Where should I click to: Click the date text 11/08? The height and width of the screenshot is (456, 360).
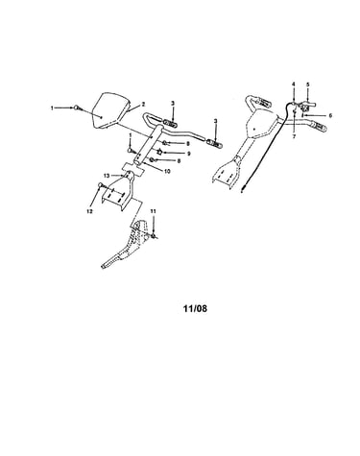pyautogui.click(x=195, y=308)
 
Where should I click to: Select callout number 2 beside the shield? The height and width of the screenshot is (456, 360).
pyautogui.click(x=143, y=104)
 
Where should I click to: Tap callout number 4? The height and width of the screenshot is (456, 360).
pyautogui.click(x=294, y=84)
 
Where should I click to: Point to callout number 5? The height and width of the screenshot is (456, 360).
pyautogui.click(x=308, y=84)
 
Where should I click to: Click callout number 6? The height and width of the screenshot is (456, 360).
pyautogui.click(x=330, y=115)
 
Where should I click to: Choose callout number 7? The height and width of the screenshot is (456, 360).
pyautogui.click(x=294, y=136)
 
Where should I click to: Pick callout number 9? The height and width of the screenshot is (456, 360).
pyautogui.click(x=189, y=154)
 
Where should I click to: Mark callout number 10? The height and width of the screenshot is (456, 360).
pyautogui.click(x=167, y=171)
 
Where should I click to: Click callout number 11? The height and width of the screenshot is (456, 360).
pyautogui.click(x=153, y=211)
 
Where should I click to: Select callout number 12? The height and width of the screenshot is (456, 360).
pyautogui.click(x=89, y=211)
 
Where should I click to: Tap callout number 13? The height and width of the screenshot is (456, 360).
pyautogui.click(x=107, y=176)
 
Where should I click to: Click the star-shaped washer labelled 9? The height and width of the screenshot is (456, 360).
pyautogui.click(x=159, y=152)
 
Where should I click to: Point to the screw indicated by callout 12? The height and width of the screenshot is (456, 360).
pyautogui.click(x=101, y=185)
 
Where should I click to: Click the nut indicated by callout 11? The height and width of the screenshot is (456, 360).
pyautogui.click(x=155, y=236)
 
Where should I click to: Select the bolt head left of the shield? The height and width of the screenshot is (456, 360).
pyautogui.click(x=78, y=108)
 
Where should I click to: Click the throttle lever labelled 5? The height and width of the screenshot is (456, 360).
pyautogui.click(x=308, y=104)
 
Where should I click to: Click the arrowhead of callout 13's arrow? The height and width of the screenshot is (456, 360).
pyautogui.click(x=123, y=176)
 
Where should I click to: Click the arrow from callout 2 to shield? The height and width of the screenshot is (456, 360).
pyautogui.click(x=134, y=108)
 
